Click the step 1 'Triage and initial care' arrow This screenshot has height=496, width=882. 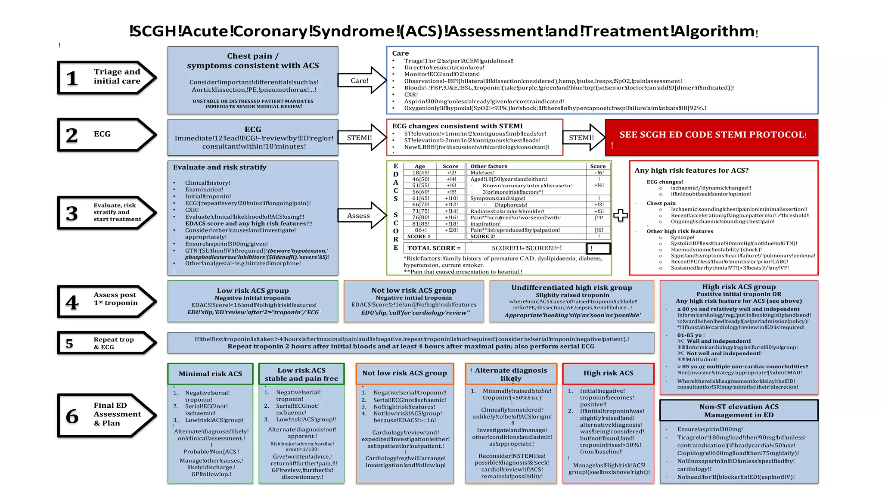(x=107, y=77)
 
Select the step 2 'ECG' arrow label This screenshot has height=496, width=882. (x=102, y=134)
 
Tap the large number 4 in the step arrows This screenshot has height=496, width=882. (x=72, y=302)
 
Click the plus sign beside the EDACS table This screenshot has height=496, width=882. (x=620, y=215)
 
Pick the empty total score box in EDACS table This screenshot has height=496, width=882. (x=598, y=248)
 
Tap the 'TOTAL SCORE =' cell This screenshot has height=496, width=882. (x=434, y=248)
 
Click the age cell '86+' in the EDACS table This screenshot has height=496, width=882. (x=420, y=230)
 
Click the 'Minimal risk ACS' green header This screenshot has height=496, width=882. (x=210, y=374)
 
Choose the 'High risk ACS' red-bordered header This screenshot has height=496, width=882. (x=608, y=373)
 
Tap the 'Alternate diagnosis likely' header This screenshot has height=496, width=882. (x=511, y=374)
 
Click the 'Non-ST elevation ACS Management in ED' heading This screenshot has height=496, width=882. (x=739, y=411)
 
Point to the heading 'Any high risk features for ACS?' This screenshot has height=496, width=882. (x=691, y=170)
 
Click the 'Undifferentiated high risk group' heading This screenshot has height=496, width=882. (x=571, y=288)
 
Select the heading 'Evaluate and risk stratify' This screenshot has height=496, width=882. (x=220, y=167)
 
